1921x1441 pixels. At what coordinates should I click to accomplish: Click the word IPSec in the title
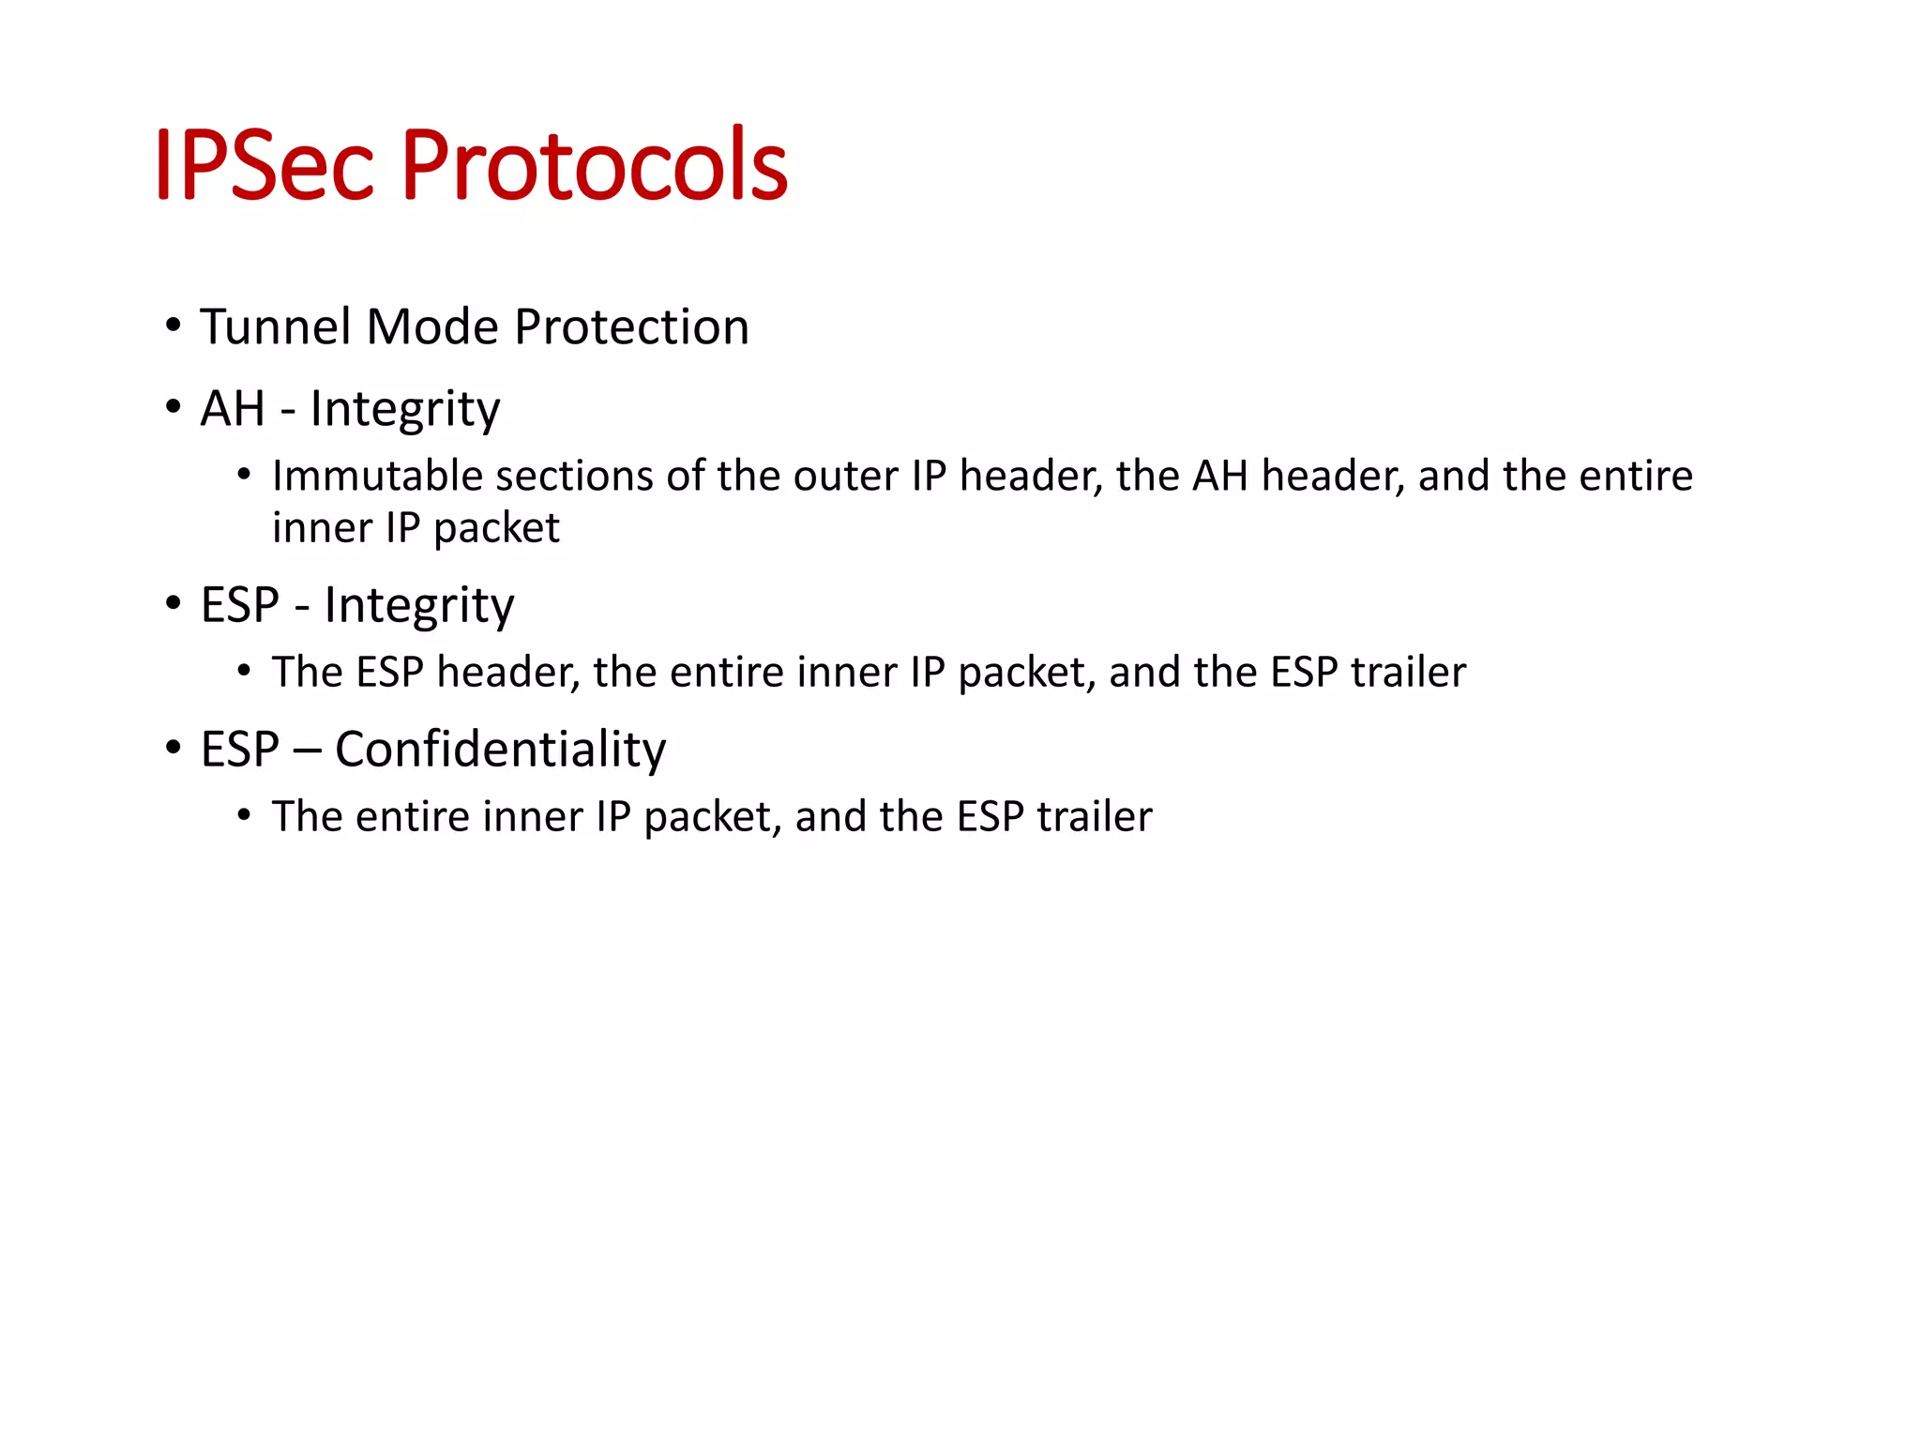[x=264, y=165]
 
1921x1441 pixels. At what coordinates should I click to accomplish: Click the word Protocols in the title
[x=595, y=165]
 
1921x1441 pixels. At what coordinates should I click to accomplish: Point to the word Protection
[x=631, y=326]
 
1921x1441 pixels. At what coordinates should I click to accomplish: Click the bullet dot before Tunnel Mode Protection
[x=173, y=326]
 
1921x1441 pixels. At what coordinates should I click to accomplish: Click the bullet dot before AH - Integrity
[x=173, y=408]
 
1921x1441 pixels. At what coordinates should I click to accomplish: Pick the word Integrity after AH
[x=405, y=410]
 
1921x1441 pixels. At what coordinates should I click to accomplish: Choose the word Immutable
[x=377, y=476]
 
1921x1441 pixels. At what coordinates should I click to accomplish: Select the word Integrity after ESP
[x=419, y=606]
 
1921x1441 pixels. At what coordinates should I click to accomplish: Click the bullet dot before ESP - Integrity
[x=173, y=604]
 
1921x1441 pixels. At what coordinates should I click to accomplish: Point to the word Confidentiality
[x=500, y=750]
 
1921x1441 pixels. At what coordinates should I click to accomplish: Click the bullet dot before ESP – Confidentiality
[x=173, y=749]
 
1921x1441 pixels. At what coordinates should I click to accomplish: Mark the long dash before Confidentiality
[x=307, y=751]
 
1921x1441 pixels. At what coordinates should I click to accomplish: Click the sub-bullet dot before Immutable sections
[x=244, y=476]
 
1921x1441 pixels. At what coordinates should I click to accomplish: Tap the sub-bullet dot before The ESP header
[x=244, y=672]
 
